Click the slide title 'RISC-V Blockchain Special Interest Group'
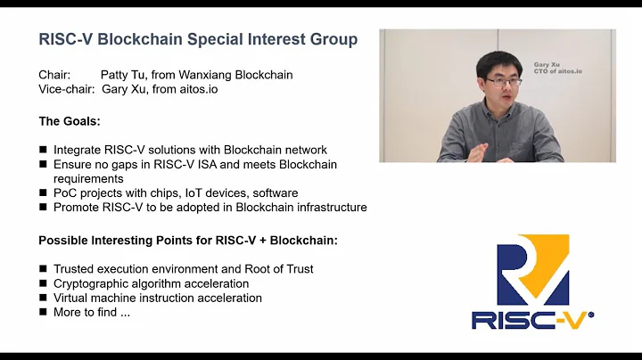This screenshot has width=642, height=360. [x=198, y=40]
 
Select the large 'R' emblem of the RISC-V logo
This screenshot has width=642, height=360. [x=531, y=267]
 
